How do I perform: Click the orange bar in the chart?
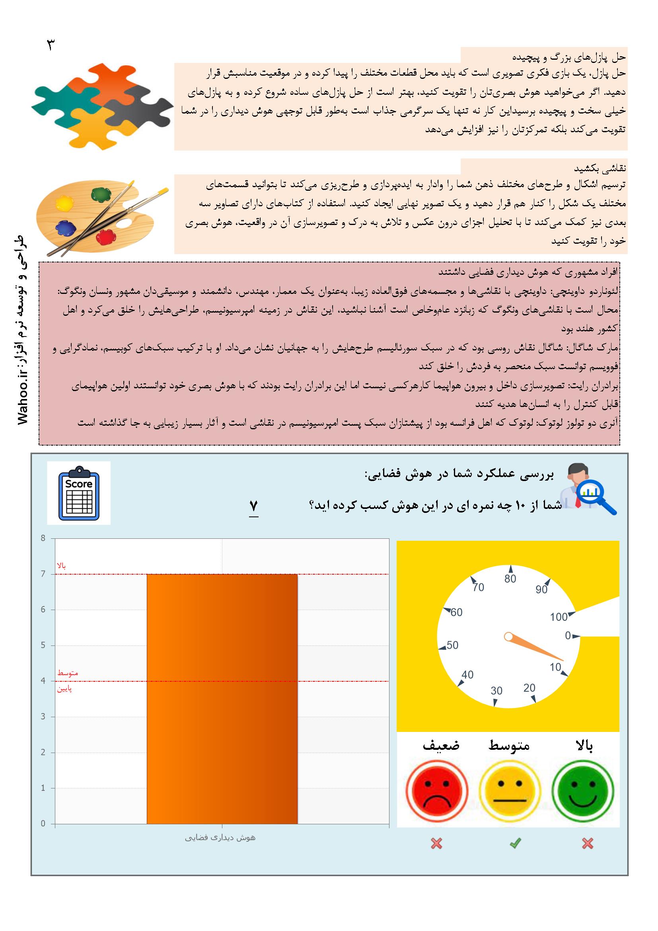tap(222, 699)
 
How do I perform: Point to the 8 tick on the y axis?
tap(43, 538)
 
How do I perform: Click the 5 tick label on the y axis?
tap(43, 645)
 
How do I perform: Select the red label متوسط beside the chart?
tap(68, 673)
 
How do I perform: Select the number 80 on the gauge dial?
tap(510, 579)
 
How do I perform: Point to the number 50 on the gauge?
tap(452, 645)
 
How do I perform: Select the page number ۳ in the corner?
tap(51, 45)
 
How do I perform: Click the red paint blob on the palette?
tap(106, 236)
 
